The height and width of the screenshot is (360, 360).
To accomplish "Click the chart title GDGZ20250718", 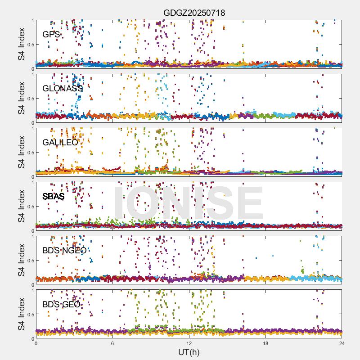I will click(x=194, y=13).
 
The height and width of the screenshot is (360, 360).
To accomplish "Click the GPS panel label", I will click(x=51, y=35).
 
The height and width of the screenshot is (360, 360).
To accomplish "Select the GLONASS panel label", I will click(x=63, y=89).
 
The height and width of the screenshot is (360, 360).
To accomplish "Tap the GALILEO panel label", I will click(x=60, y=143).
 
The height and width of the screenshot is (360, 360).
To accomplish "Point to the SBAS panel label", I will click(x=53, y=197).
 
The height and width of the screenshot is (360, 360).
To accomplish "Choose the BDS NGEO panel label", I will click(x=64, y=251).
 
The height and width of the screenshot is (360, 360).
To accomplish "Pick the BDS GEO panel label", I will click(x=61, y=305).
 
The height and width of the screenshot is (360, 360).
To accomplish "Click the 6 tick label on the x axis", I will click(x=112, y=343).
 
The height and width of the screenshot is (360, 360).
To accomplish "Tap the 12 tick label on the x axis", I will click(x=189, y=343).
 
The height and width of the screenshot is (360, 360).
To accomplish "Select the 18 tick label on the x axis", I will click(x=265, y=343).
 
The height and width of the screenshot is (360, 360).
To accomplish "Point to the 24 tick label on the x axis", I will click(x=342, y=343).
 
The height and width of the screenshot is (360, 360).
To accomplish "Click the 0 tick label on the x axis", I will click(x=36, y=343).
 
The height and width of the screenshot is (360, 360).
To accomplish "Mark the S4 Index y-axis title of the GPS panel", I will click(x=22, y=44).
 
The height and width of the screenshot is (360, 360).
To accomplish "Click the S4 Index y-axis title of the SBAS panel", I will click(x=22, y=206).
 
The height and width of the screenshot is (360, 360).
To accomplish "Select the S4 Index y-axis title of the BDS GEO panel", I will click(x=22, y=314).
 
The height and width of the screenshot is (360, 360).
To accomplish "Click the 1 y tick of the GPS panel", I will click(x=32, y=21).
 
